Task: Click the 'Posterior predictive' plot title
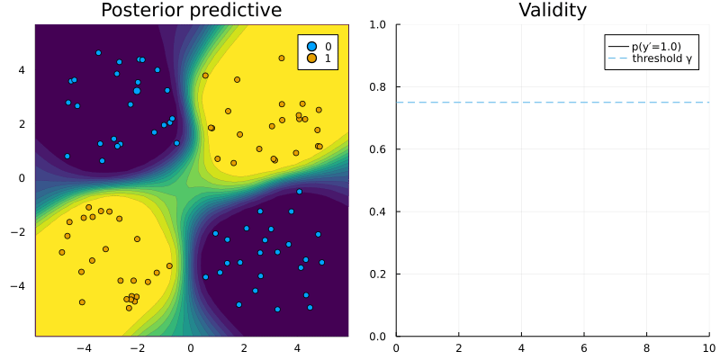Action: [x=191, y=11]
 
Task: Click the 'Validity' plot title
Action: [x=553, y=11]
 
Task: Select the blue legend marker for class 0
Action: [x=312, y=45]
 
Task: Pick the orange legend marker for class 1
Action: [x=312, y=58]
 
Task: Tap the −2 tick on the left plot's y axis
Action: [x=22, y=232]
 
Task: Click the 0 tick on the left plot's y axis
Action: [x=25, y=178]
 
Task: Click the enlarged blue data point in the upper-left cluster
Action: [x=137, y=91]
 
